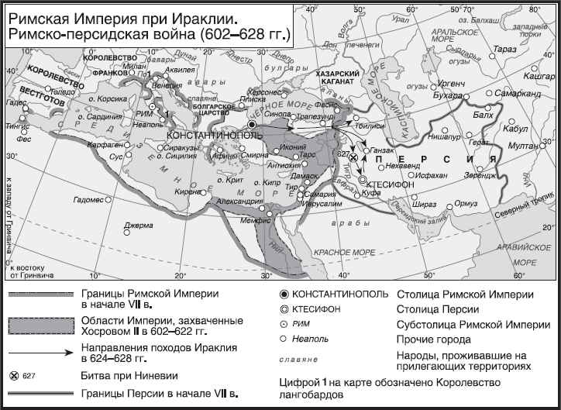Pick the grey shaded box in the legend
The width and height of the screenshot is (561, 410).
pyautogui.click(x=40, y=326)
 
